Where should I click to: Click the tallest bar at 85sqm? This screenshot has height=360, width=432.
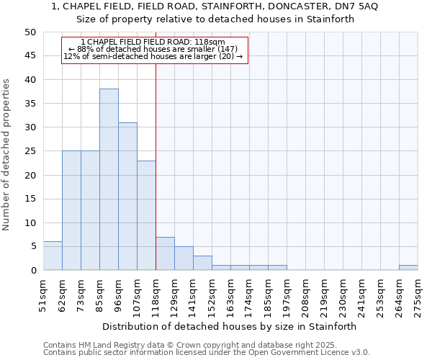tap(109, 179)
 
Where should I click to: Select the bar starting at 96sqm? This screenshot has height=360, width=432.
tap(127, 197)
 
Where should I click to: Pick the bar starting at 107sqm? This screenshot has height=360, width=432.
tap(146, 215)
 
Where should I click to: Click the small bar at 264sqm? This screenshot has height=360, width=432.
tap(408, 268)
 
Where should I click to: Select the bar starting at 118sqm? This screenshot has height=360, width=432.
tap(165, 253)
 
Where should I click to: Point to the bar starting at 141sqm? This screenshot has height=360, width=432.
tap(202, 263)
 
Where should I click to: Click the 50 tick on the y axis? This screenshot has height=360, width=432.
tap(30, 32)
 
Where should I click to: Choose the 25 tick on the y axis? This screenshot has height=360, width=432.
tap(30, 151)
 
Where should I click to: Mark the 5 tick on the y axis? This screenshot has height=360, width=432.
tap(32, 246)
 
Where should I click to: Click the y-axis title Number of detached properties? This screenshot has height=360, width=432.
tap(6, 155)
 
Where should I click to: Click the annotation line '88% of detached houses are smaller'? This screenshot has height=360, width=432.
tap(153, 49)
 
